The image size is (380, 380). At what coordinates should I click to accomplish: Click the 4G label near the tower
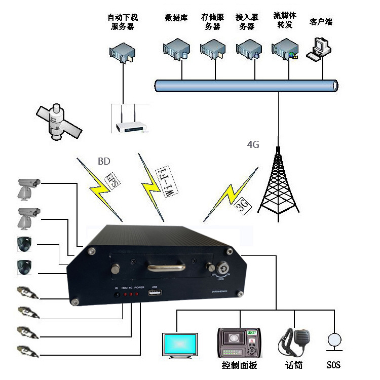pyautogui.click(x=253, y=144)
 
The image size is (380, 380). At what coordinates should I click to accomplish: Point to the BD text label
pyautogui.click(x=104, y=163)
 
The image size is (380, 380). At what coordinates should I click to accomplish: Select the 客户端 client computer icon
pyautogui.click(x=320, y=49)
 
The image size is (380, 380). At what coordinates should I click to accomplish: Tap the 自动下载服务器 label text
pyautogui.click(x=123, y=22)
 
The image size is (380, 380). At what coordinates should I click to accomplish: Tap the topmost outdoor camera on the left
pyautogui.click(x=27, y=188)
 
